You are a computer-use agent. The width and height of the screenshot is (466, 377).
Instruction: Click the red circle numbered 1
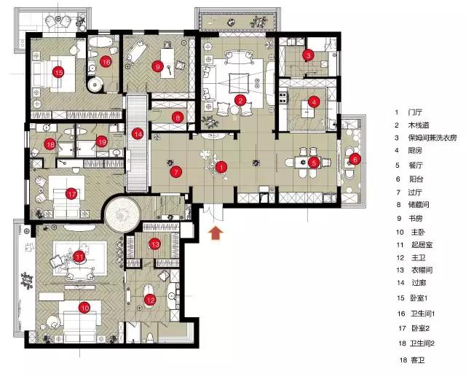pos(221,167)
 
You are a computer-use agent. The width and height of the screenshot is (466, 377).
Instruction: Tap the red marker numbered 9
pos(157,66)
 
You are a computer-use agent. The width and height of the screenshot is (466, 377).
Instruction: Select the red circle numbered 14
pos(138,134)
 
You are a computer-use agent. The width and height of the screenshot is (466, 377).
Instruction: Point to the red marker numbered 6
pos(355,159)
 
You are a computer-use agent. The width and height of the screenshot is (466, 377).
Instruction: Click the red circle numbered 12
pos(150,300)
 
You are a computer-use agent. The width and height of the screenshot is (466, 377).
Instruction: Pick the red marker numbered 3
pos(308,55)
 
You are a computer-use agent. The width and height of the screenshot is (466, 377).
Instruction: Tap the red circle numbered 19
pos(102,141)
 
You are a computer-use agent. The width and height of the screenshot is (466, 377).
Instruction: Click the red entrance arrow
pos(216,233)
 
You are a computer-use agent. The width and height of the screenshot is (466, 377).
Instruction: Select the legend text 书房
pos(416,219)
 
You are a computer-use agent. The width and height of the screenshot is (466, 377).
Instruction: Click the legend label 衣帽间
pos(422,270)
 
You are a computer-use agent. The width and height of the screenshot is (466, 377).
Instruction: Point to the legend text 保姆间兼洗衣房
pos(432,138)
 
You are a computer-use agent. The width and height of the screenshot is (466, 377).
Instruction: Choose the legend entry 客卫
pos(417,360)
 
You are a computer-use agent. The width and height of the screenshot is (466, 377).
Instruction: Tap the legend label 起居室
pos(422,245)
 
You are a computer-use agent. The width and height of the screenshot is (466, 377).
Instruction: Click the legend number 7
pos(398,193)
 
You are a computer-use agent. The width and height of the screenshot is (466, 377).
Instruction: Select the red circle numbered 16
pos(106,62)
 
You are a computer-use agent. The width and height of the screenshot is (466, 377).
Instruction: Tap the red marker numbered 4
pos(314,102)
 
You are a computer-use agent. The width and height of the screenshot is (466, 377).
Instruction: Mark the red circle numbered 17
pos(71,194)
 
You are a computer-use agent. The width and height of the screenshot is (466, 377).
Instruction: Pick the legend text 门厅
pos(415,112)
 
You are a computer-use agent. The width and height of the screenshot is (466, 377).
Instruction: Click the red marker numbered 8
pos(178,118)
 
